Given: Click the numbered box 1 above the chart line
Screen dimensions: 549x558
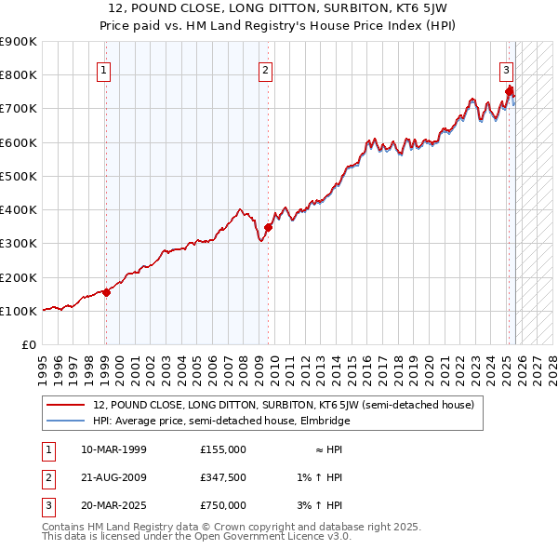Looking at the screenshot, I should [103, 69].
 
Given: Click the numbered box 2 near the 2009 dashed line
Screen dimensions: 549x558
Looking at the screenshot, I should [265, 69].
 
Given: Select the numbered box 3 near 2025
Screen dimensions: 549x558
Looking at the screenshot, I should [506, 69].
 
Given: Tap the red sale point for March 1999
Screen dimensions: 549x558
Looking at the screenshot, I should [106, 292].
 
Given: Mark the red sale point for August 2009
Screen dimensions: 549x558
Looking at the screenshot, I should [268, 227].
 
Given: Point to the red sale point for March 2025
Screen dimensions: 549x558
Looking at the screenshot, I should [510, 91].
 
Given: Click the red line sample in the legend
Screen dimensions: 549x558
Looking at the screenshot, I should [65, 405].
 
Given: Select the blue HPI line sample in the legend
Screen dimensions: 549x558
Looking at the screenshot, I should [65, 421].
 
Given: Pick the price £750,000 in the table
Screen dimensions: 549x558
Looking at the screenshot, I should [223, 505].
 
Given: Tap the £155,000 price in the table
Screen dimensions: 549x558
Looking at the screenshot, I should [223, 449].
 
